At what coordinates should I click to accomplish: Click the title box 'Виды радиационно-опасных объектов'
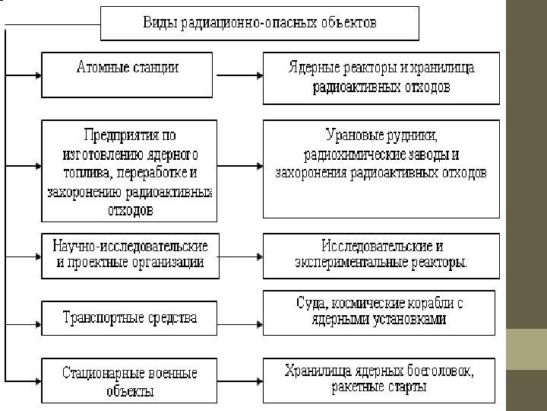pos(260,23)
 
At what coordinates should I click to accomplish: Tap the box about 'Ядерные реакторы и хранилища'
pos(381,78)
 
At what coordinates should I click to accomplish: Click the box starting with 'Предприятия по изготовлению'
pos(128,172)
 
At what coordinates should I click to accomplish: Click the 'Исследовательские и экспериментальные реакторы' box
pos(381,255)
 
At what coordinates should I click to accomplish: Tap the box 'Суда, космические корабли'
pos(381,312)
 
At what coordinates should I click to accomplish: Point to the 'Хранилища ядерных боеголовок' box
pos(381,379)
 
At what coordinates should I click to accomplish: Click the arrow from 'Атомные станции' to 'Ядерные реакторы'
pos(239,76)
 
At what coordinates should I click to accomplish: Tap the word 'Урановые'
pos(352,137)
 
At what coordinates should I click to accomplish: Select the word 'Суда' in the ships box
pos(311,304)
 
